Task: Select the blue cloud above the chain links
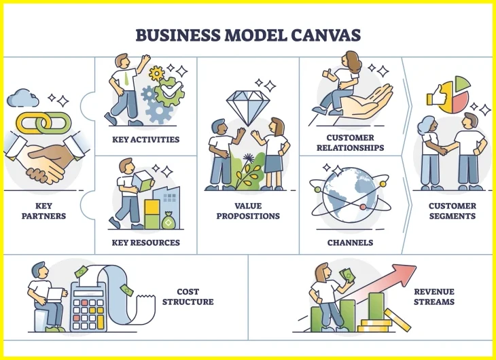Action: (x=23, y=98)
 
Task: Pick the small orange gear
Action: (x=156, y=73)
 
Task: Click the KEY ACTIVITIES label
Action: (x=146, y=139)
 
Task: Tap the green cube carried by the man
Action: (x=143, y=181)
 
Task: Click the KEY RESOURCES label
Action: (x=146, y=242)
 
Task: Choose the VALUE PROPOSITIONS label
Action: (x=248, y=211)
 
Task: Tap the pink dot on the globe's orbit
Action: (x=363, y=207)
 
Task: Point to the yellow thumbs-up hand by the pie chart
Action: (x=436, y=96)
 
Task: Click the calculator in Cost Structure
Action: (x=88, y=306)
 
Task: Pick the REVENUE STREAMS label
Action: (x=434, y=297)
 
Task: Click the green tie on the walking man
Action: (x=126, y=79)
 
